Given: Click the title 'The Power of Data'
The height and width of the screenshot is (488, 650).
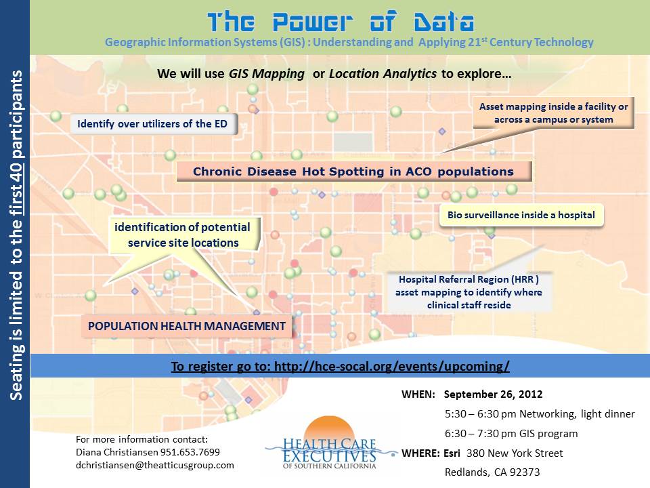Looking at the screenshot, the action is point(341,22).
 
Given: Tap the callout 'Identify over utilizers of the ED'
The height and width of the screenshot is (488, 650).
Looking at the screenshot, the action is point(154,123).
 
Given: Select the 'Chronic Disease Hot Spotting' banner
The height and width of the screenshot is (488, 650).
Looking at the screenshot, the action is point(354,171).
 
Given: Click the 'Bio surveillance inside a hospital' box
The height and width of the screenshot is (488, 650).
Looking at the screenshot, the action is point(521,215).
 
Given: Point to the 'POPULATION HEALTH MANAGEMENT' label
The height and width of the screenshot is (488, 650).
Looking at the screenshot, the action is point(187,326).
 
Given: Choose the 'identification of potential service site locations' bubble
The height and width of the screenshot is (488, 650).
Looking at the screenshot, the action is point(183,235).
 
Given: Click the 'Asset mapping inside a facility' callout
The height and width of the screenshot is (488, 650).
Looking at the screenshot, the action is point(553,113).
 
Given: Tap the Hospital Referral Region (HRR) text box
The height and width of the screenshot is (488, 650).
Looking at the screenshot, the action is point(469,292).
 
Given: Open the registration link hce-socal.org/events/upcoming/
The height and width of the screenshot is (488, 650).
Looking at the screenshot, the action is point(392,367).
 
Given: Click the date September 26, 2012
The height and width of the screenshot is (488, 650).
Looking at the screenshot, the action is point(493,394).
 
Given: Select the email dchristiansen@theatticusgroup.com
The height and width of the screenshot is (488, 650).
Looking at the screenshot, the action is point(155,465).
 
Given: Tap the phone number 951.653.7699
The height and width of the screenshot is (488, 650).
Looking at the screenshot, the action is point(190,452).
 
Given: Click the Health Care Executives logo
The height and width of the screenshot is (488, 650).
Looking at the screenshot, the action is point(330,443).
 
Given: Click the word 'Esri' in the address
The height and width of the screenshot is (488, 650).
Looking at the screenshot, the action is point(452,453).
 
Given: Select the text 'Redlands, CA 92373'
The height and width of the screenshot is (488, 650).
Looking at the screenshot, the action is point(492,472).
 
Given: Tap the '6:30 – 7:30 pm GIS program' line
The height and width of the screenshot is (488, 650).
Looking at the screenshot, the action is point(511,434).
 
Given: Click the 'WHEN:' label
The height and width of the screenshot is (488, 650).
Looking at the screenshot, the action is point(418,394).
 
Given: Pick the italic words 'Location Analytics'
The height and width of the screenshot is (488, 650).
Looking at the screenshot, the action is point(383,74).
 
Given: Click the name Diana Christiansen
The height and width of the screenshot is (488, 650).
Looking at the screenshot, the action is point(117,452).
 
